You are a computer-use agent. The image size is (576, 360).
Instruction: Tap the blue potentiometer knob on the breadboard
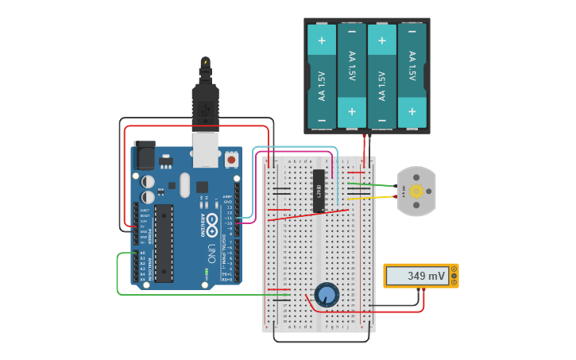[x=327, y=295]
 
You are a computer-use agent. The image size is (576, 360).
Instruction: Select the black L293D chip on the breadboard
[x=319, y=191]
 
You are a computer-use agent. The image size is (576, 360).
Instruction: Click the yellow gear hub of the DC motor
[x=416, y=192]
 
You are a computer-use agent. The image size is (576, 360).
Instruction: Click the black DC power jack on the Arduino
[x=145, y=155]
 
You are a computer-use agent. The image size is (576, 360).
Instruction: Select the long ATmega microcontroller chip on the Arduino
[x=164, y=243]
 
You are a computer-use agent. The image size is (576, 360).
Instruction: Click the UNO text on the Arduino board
[x=211, y=254]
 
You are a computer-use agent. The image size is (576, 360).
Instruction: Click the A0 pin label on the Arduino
[x=143, y=253]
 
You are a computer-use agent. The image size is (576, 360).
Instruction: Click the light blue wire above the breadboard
[x=294, y=147]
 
